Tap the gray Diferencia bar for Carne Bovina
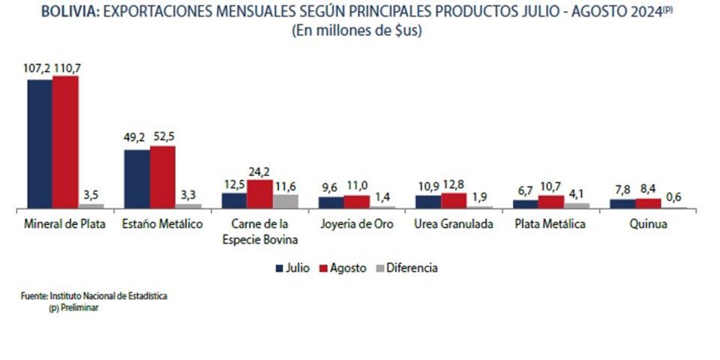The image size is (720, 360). pyautogui.click(x=285, y=201)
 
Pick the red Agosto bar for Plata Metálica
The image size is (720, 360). pyautogui.click(x=551, y=202)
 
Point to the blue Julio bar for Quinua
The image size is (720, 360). pyautogui.click(x=622, y=203)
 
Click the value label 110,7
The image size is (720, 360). pyautogui.click(x=67, y=68)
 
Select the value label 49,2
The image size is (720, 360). pyautogui.click(x=136, y=138)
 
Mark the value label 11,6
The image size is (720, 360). pyautogui.click(x=286, y=185)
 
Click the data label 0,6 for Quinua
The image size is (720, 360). pyautogui.click(x=674, y=198)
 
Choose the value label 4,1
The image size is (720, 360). pyautogui.click(x=577, y=193)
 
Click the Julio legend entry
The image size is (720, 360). pyautogui.click(x=293, y=267)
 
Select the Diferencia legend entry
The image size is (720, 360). pyautogui.click(x=410, y=267)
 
